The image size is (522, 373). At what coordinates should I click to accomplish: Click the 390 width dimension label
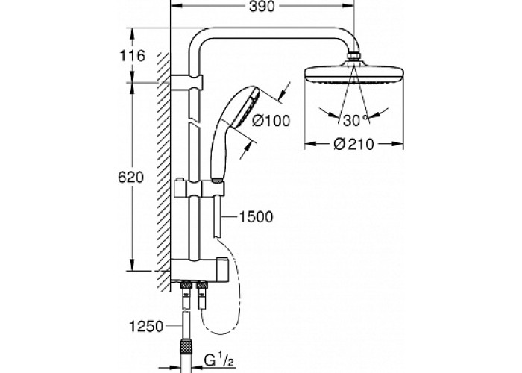[262, 6]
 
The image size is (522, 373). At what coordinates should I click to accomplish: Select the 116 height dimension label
[132, 56]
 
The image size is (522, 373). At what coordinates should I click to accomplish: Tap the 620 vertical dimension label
[130, 178]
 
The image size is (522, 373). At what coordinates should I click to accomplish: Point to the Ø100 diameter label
[271, 121]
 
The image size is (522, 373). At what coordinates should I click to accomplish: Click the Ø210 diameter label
[353, 144]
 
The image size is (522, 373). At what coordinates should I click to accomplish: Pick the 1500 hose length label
[256, 217]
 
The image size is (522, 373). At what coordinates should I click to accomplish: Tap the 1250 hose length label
[146, 327]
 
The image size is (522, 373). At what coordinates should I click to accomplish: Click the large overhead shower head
[354, 75]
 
